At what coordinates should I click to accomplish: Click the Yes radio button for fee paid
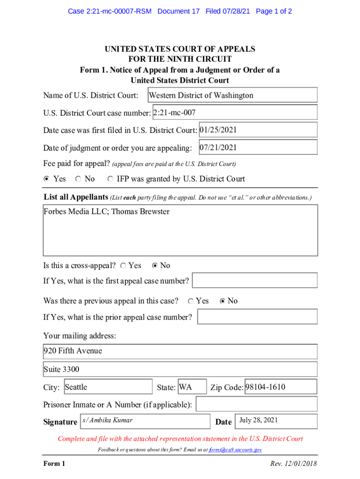46,179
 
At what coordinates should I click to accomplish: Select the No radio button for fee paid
78,179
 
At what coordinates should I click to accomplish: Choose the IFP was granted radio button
110,179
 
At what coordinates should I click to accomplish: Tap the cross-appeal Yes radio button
122,266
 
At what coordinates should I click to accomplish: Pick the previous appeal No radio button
223,301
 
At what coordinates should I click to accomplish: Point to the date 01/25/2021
218,130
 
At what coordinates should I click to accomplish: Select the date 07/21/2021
218,147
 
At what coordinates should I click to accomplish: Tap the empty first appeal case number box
255,281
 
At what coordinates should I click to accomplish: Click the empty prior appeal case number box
257,317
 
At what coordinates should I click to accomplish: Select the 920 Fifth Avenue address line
72,351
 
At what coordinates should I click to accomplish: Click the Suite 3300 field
61,369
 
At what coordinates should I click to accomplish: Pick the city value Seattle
76,387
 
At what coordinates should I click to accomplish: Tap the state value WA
186,387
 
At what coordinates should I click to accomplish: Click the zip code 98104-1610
266,387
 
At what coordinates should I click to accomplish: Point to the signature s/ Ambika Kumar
108,420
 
